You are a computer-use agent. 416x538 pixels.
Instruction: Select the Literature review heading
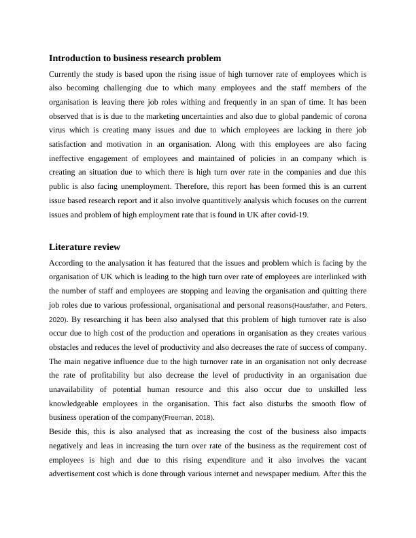pos(85,247)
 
